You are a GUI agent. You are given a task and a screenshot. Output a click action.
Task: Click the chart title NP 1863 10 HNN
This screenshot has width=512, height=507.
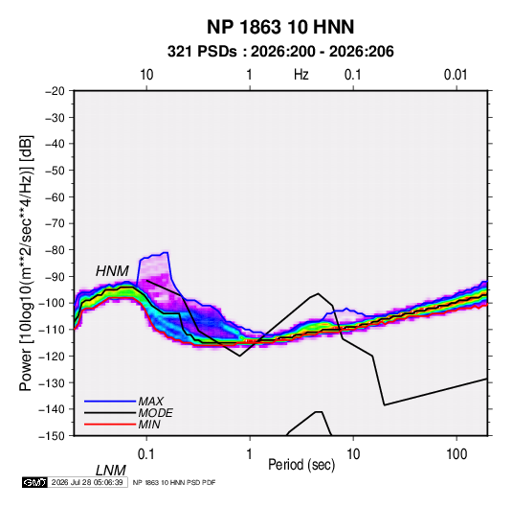280,27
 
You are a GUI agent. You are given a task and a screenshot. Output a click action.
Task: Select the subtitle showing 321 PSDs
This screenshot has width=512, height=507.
280,52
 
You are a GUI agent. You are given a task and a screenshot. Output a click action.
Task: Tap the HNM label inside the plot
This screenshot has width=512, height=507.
112,271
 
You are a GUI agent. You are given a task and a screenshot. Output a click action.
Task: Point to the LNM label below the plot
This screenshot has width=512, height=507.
110,471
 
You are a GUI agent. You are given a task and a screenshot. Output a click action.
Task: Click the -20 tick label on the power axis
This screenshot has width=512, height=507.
55,91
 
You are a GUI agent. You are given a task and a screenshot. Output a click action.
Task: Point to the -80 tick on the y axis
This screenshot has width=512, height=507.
55,250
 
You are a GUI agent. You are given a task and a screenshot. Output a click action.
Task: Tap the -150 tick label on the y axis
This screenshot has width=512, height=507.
52,436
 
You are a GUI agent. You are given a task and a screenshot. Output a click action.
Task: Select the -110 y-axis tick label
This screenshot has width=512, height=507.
52,330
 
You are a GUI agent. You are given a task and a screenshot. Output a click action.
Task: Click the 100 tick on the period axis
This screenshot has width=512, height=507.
456,454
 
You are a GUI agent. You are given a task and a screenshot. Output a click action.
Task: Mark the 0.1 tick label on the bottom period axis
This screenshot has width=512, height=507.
146,454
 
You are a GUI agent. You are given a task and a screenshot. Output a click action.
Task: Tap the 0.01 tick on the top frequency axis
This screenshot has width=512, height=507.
456,75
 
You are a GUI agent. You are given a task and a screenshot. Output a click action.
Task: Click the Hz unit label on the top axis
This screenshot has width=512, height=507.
301,75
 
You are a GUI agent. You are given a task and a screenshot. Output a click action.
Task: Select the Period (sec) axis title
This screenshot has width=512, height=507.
301,465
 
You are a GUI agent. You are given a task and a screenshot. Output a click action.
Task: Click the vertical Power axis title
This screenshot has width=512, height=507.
26,264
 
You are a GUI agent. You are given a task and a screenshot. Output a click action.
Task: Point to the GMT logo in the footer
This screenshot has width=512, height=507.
34,482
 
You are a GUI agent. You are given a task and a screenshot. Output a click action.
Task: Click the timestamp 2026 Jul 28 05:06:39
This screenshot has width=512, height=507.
87,482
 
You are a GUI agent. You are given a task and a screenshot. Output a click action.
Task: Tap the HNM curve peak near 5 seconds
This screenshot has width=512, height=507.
318,293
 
